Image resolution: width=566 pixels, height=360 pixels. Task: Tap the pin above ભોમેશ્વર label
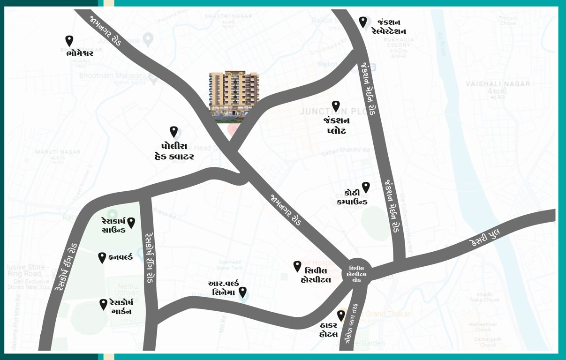coord(69,41)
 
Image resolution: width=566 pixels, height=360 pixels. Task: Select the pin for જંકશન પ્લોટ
coord(336,106)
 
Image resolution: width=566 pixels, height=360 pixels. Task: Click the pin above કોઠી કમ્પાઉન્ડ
coord(366,187)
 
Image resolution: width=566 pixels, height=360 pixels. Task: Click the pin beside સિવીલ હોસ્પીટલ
coord(297,266)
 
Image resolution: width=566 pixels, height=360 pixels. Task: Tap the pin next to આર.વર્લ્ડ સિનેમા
coord(243,292)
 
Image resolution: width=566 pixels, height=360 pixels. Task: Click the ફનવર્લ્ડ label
coord(120,257)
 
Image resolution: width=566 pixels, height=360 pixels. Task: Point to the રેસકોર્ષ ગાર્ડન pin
coord(103,304)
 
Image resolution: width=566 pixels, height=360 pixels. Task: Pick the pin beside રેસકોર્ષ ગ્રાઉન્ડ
coord(131,223)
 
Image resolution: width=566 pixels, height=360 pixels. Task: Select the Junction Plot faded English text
coord(331,112)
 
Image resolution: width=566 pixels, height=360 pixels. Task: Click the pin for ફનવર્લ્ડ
coord(102,257)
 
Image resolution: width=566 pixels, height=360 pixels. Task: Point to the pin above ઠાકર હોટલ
coord(341,315)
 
